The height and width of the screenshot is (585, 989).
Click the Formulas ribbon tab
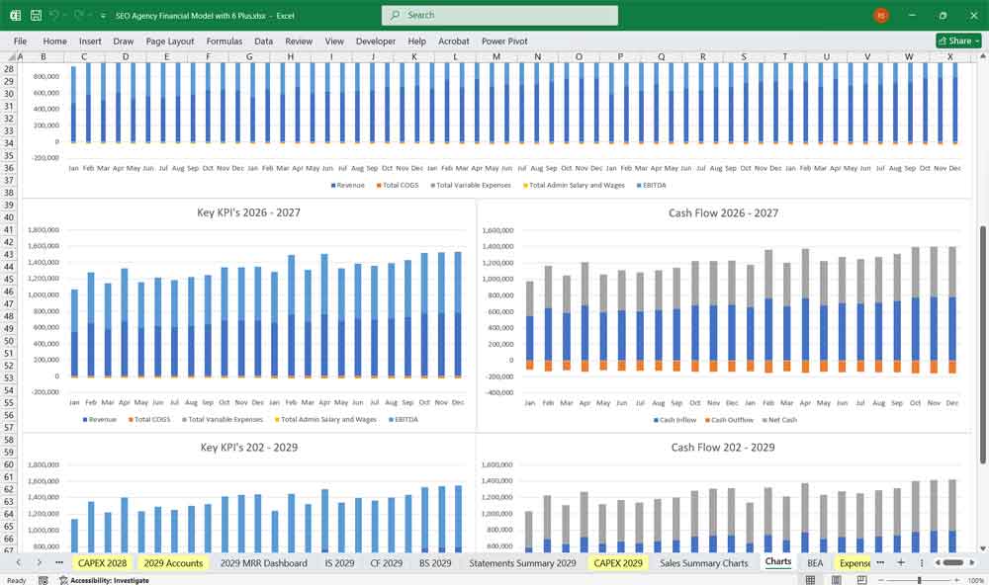coord(224,41)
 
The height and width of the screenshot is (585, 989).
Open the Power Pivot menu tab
coord(504,41)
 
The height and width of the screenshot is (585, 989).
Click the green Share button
coord(957,41)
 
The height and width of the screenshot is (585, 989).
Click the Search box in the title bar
coord(499,15)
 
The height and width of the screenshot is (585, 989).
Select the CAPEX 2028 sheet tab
coord(103,562)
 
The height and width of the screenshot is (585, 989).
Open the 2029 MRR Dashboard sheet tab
coord(263,562)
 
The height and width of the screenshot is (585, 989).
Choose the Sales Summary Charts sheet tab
coord(703,562)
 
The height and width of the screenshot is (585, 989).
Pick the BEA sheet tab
coord(815,562)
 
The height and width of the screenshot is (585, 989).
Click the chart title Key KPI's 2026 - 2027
coord(249,212)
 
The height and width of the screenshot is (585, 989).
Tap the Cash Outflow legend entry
coord(731,419)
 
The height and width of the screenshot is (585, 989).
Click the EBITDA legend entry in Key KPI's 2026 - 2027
coord(405,419)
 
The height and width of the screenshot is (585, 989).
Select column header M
coord(495,57)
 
